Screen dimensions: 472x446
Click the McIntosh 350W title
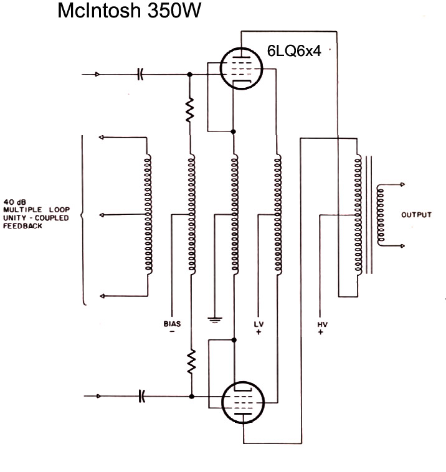pos(129,11)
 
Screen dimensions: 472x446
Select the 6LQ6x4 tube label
pos(294,51)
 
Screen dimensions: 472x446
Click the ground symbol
pos(214,319)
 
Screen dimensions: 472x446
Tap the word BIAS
pos(172,324)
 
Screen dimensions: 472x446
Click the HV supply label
pos(321,324)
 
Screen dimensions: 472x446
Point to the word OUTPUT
pos(417,215)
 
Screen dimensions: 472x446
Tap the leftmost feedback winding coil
pos(148,215)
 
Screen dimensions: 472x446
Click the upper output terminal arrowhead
pos(402,185)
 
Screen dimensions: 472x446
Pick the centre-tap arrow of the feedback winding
pos(103,215)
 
